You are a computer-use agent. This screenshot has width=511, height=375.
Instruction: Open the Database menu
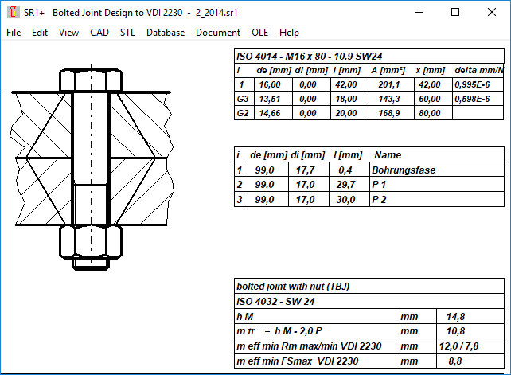tap(165, 33)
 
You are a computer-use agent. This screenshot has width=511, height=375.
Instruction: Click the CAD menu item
tap(99, 33)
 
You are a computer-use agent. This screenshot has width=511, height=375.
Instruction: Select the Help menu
tap(289, 33)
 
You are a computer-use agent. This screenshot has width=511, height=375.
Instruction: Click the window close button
tap(492, 13)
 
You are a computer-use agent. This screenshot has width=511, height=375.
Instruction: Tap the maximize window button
tap(455, 13)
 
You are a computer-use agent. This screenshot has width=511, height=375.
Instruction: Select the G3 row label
tap(243, 99)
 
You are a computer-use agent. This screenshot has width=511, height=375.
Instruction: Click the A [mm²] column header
tap(388, 70)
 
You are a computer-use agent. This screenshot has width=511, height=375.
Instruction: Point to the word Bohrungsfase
tap(404, 170)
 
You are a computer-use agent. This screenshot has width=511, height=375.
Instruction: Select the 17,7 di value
tap(306, 170)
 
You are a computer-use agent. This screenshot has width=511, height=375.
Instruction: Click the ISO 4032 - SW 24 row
tap(275, 301)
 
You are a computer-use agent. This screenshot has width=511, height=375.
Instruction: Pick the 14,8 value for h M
tap(456, 316)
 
